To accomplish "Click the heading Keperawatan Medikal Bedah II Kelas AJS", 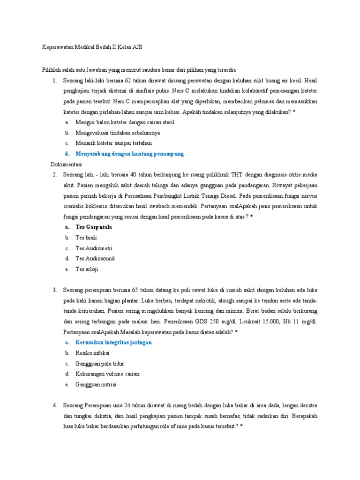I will [x=92, y=47].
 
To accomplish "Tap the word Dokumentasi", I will [x=66, y=165].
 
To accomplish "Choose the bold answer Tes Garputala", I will [x=93, y=227].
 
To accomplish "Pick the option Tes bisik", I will [x=86, y=238].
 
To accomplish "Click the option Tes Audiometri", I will [x=94, y=248].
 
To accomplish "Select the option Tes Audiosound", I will [x=95, y=258].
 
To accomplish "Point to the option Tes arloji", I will [x=87, y=269].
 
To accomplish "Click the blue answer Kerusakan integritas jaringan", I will [x=113, y=342].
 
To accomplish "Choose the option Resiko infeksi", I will [x=92, y=353].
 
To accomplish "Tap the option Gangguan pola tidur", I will [x=99, y=363].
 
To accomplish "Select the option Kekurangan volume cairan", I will [x=107, y=374].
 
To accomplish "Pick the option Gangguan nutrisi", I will [x=96, y=384].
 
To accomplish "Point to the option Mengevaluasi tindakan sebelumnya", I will [x=118, y=133].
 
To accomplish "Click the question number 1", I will [x=54, y=81].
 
